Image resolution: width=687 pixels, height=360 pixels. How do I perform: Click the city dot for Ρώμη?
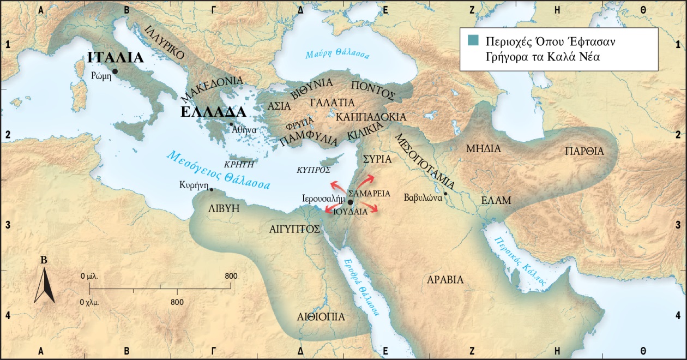tap(115, 71)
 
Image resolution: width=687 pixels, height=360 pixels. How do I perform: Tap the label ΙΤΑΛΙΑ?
tap(115, 58)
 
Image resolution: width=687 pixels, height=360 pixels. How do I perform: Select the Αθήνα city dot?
tap(232, 124)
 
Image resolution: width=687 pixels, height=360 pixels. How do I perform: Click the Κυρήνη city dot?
tap(212, 190)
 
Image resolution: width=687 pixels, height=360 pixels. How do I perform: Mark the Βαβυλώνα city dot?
tap(445, 193)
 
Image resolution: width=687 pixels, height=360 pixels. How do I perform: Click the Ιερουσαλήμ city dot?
tap(350, 202)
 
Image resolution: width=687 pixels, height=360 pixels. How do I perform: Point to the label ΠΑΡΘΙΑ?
tap(584, 151)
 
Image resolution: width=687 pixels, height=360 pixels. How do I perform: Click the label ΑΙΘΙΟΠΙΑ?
tap(321, 316)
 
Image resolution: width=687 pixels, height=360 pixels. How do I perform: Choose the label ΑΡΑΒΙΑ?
tap(445, 280)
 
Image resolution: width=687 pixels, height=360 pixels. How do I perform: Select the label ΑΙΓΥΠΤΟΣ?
tap(294, 229)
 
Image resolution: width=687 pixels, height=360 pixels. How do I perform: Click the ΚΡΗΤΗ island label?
tap(240, 163)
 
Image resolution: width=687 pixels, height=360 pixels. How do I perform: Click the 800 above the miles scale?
tap(231, 276)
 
